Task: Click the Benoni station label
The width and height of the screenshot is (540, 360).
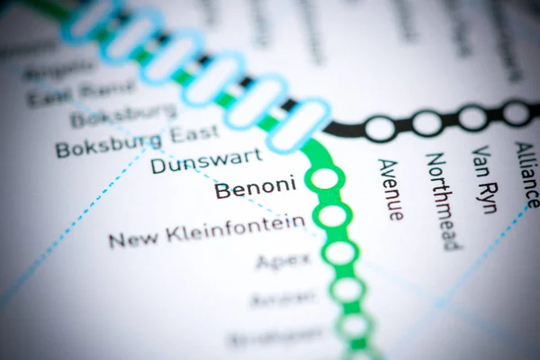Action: [x=256, y=188]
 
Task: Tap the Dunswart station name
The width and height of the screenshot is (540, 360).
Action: [x=206, y=162]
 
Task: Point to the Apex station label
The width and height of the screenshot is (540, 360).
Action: [x=283, y=261]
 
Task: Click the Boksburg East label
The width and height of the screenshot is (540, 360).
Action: [x=137, y=142]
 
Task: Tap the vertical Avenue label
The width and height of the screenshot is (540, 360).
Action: [x=390, y=189]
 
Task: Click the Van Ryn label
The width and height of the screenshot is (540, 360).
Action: [x=484, y=179]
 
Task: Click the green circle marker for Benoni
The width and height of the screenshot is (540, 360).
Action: [x=325, y=178]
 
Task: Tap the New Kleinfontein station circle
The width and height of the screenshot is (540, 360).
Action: [x=332, y=216]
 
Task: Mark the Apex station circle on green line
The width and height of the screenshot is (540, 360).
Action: [x=340, y=253]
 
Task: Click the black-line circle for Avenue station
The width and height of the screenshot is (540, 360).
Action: [x=380, y=129]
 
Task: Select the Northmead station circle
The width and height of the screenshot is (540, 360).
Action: [x=427, y=123]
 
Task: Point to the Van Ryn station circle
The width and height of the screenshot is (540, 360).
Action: [x=472, y=118]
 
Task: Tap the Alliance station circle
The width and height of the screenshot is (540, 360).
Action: [x=516, y=113]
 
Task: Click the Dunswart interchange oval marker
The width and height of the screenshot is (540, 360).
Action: [x=298, y=126]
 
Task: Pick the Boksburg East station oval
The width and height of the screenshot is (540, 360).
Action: [x=256, y=103]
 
